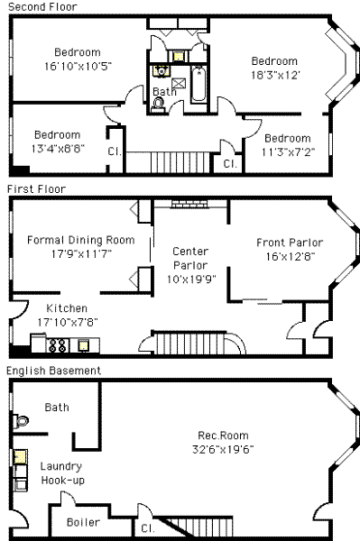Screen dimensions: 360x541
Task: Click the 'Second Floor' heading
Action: point(42,6)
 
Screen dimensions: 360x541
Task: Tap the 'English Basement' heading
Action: point(54,371)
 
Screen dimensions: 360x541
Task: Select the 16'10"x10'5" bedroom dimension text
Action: point(78,66)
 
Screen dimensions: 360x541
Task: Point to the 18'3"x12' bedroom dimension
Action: point(275,75)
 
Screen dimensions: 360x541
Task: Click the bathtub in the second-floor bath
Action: point(198,84)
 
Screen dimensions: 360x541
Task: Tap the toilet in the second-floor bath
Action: point(159,105)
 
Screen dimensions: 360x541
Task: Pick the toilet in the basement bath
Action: point(21,421)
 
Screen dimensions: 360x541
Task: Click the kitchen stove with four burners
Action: point(58,345)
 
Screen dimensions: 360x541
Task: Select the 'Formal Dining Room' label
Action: point(81,240)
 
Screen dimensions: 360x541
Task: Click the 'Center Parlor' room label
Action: point(190,258)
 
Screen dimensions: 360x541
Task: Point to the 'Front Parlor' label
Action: point(290,243)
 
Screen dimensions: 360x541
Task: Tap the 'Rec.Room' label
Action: point(223,436)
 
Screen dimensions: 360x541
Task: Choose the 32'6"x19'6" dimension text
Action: point(223,449)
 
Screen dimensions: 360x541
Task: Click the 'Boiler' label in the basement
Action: point(83,522)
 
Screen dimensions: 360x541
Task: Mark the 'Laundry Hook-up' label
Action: point(62,473)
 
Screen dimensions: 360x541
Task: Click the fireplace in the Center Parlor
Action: point(189,204)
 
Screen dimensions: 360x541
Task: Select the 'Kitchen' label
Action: point(67,308)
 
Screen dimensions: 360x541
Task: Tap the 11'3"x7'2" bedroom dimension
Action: point(288,152)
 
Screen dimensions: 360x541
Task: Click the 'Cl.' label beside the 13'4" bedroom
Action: point(115,151)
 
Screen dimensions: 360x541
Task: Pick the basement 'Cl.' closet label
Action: point(148,528)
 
